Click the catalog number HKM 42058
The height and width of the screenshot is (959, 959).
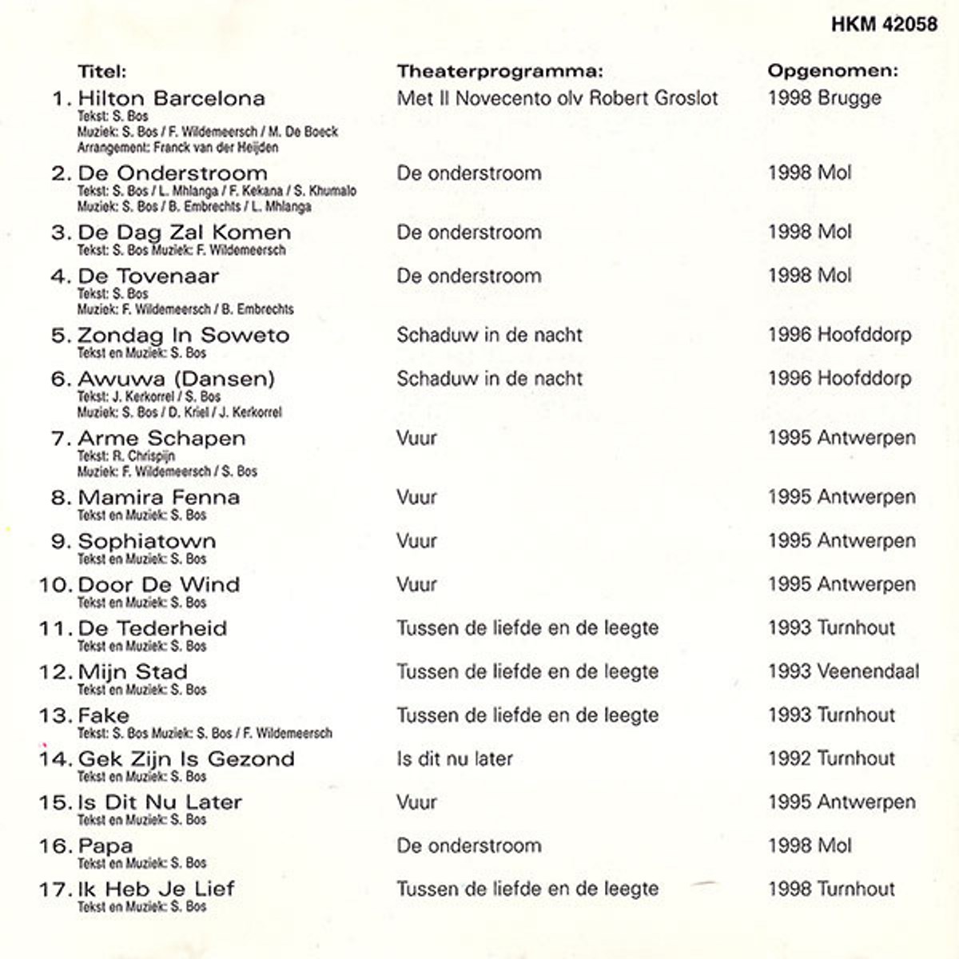point(884,24)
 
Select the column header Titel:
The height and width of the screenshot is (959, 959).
point(102,71)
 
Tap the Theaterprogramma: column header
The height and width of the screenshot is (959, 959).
point(499,71)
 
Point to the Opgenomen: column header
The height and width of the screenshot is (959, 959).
point(833,71)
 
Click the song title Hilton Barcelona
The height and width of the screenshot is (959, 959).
point(171,99)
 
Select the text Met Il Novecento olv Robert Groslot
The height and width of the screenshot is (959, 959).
point(557,98)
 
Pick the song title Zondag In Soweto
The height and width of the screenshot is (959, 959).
point(183,336)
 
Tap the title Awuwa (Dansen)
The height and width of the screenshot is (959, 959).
point(176,379)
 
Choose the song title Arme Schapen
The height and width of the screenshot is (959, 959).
point(161,439)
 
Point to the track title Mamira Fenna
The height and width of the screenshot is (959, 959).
point(159,498)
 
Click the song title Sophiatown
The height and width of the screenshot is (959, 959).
point(147,541)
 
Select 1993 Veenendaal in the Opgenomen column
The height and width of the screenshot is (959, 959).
point(843,672)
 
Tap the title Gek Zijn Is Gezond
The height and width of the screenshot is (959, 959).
point(186,759)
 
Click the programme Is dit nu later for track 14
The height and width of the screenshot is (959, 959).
point(455,759)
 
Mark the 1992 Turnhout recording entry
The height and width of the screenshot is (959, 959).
point(831,759)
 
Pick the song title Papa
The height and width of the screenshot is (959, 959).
point(105,846)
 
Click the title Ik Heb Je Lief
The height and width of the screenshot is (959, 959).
point(156,889)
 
